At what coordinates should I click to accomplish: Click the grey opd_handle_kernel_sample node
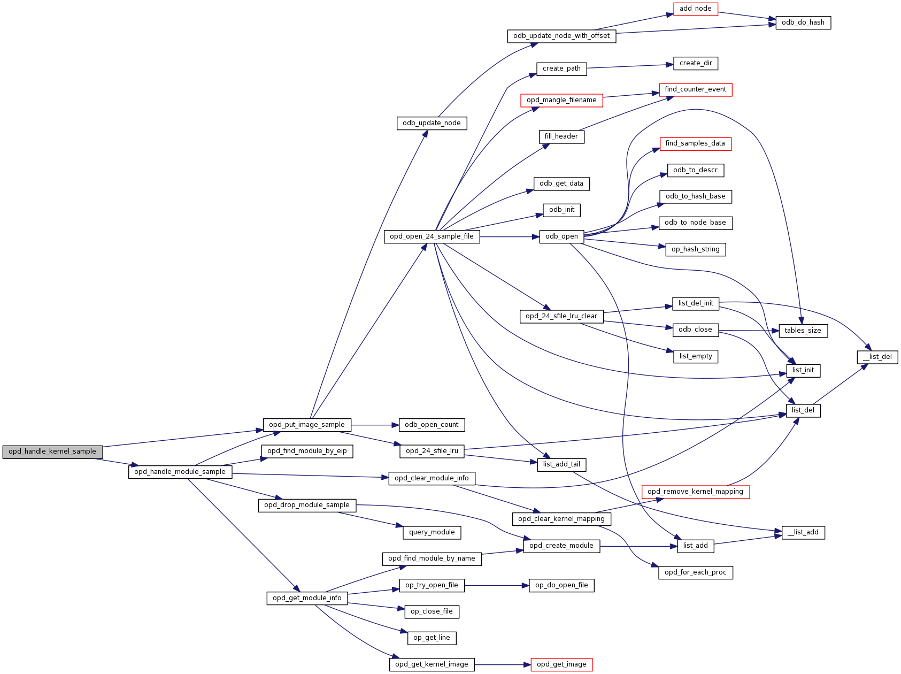coord(52,451)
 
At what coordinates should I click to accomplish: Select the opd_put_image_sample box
coord(307,425)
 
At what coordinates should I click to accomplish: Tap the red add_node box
coord(695,9)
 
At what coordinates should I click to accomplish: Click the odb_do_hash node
coord(803,22)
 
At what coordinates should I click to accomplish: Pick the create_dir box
coord(695,63)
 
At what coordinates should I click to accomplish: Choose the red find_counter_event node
coord(695,89)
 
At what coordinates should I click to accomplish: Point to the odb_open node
coord(561,236)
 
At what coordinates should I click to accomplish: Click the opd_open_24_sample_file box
coord(432,236)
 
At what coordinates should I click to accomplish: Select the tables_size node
coord(803,331)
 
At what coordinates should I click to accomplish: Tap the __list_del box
coord(877,357)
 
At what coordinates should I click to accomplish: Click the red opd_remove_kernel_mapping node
coord(695,492)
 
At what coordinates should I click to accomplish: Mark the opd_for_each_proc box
coord(695,572)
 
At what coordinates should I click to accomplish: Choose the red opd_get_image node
coord(561,664)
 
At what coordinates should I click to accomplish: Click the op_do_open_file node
coord(561,585)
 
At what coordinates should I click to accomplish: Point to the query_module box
coord(432,532)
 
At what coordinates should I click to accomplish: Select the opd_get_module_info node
coord(307,598)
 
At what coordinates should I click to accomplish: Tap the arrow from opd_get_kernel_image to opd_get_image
coord(503,665)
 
